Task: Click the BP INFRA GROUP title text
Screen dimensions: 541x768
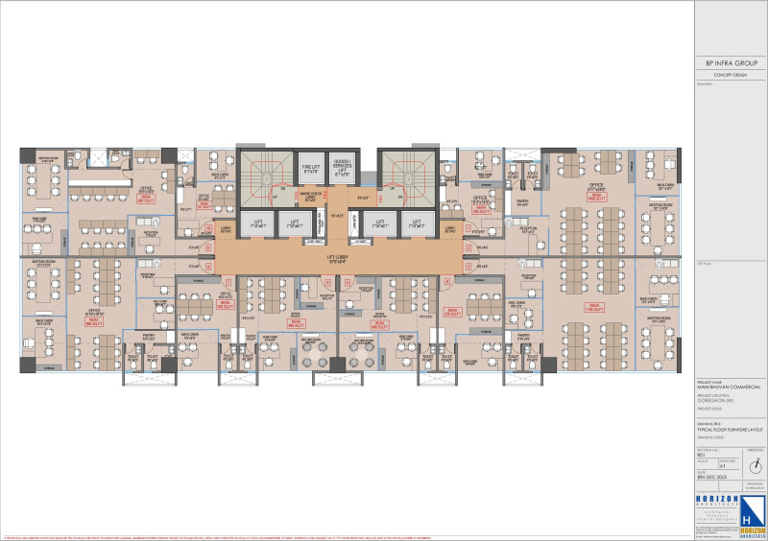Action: (731, 63)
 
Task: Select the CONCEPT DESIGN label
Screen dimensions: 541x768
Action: (731, 75)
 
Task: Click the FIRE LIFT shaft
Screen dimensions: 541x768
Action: (310, 169)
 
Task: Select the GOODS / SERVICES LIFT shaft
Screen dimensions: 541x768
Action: (341, 169)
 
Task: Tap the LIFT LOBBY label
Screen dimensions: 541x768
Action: (336, 257)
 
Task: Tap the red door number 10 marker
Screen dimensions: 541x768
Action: (209, 228)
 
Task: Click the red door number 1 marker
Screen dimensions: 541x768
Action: (468, 228)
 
